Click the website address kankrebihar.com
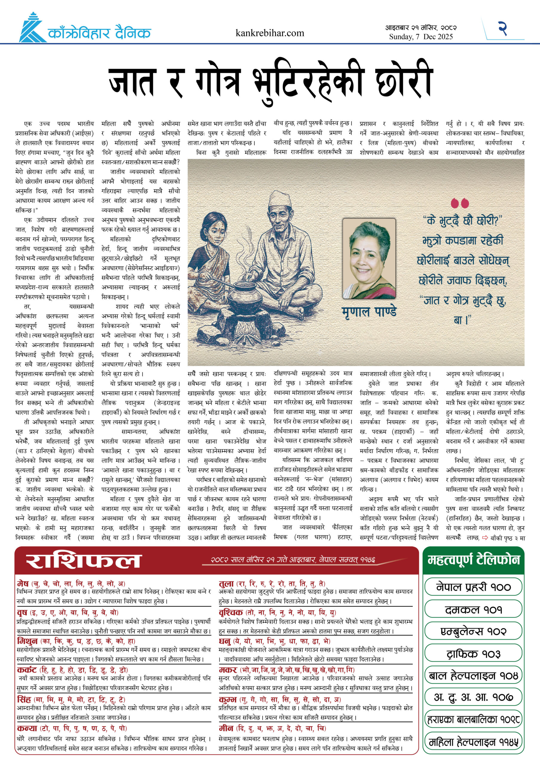269,33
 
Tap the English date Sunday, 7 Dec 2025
421,37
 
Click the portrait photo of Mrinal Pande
369,258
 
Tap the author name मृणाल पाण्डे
369,312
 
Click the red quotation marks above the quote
459,203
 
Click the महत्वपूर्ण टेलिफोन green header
473,560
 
